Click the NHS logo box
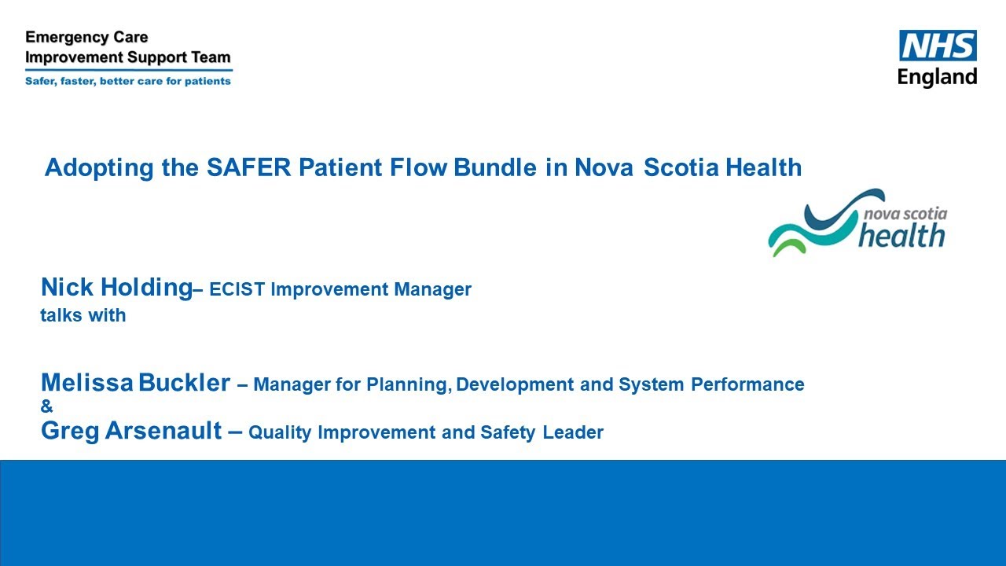click(938, 46)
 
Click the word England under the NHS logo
click(938, 77)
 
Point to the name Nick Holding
click(116, 288)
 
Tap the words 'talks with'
click(83, 315)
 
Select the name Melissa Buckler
click(135, 384)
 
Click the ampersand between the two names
click(46, 406)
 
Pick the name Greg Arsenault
click(130, 431)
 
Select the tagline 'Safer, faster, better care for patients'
click(128, 80)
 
